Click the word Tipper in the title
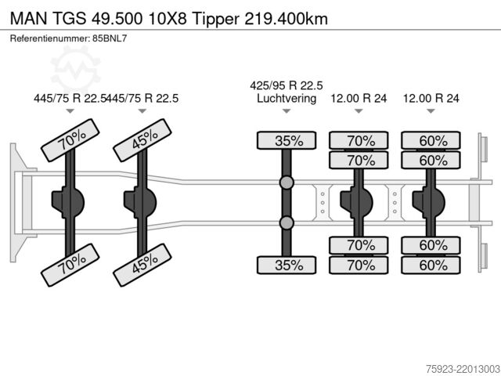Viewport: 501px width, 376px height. tap(215, 19)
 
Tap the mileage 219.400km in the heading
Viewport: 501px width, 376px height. tap(286, 19)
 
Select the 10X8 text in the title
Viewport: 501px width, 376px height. tap(168, 19)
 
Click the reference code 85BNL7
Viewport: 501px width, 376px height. tap(110, 38)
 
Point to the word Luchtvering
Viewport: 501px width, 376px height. tap(287, 98)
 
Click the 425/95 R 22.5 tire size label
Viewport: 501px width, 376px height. tap(287, 85)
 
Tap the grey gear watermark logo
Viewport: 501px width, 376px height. tap(75, 69)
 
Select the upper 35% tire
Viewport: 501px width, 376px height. tap(287, 140)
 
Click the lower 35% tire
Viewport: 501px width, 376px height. tap(287, 265)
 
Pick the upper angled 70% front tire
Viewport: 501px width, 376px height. tap(70, 140)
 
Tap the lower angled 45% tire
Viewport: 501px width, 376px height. tap(142, 265)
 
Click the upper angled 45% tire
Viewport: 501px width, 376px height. tap(142, 140)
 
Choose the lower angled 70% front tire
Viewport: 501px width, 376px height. tap(70, 265)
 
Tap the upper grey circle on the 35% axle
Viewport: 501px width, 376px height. tap(287, 183)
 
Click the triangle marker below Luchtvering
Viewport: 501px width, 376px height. tap(287, 111)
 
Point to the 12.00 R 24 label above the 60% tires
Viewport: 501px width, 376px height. tap(431, 98)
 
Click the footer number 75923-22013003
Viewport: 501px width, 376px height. tap(463, 369)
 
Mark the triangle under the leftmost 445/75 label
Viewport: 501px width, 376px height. tap(70, 111)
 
